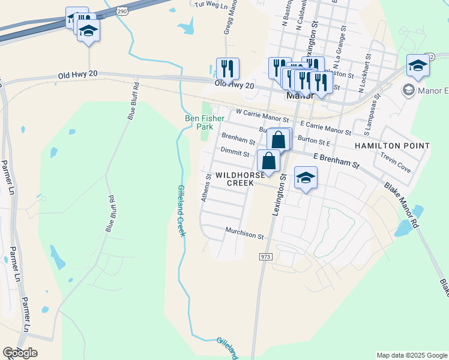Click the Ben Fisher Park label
199,122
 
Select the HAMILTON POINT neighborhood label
392,146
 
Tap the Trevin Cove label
396,162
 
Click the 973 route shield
266,257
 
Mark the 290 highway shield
122,11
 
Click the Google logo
20,352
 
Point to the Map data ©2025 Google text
411,355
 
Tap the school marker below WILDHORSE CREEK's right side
306,178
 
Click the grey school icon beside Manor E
409,90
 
